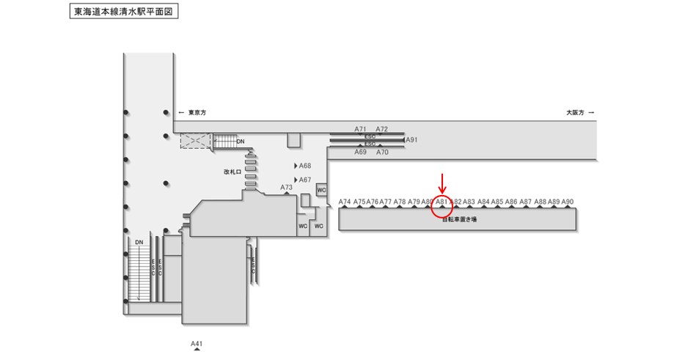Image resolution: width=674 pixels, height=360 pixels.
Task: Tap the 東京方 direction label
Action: pos(197,113)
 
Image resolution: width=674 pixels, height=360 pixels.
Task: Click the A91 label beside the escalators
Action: pos(412,139)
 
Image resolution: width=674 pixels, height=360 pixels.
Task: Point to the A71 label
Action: pos(360,129)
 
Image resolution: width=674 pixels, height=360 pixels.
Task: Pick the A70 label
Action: pos(382,152)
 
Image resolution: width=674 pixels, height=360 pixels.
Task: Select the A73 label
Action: pos(287,188)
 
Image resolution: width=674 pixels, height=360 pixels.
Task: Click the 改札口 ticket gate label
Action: pos(232,172)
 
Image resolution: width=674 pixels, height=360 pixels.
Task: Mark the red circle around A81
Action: pos(442,207)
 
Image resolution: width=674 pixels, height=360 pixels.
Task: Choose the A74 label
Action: pos(345,202)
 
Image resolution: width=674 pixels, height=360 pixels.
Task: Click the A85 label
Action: pos(497,202)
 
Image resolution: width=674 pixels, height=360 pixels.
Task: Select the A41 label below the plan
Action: pos(197,344)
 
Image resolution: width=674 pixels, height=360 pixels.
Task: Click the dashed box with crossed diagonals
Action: pos(196,141)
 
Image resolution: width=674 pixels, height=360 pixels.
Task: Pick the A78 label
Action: pos(400,202)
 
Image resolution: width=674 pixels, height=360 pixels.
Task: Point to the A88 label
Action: pos(540,202)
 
